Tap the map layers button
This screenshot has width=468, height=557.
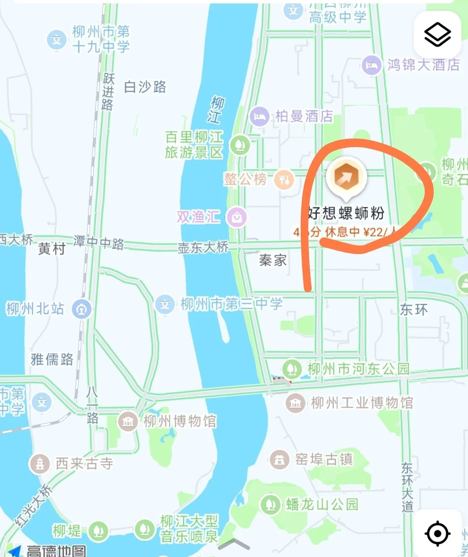pos(437,35)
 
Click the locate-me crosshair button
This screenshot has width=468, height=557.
pos(437,533)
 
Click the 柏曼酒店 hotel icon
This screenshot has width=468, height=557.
pos(260,116)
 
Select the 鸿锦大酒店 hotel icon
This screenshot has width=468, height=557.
pos(371,66)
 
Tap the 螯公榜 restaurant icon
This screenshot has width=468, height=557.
pos(284,179)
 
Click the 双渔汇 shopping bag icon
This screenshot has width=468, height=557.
pos(237,217)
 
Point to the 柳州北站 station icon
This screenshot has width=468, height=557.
pos(81,309)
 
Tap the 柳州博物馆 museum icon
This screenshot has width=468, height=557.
pos(128,421)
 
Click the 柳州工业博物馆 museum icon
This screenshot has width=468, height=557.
pos(296,403)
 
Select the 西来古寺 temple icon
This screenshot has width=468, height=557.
pos(40,464)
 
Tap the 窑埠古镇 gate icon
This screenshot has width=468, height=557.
pos(279,459)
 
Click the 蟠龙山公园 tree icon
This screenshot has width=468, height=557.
pos(270,504)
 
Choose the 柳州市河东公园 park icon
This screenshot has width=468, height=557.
pos(292,369)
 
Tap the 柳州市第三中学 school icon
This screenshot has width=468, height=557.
pos(165,304)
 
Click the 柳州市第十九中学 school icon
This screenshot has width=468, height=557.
pos(57,40)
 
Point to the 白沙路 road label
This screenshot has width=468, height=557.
pos(145,87)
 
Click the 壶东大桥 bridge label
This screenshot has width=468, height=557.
pos(203,247)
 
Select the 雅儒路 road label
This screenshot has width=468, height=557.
pos(52,359)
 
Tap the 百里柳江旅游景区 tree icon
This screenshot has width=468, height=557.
pos(240,144)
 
